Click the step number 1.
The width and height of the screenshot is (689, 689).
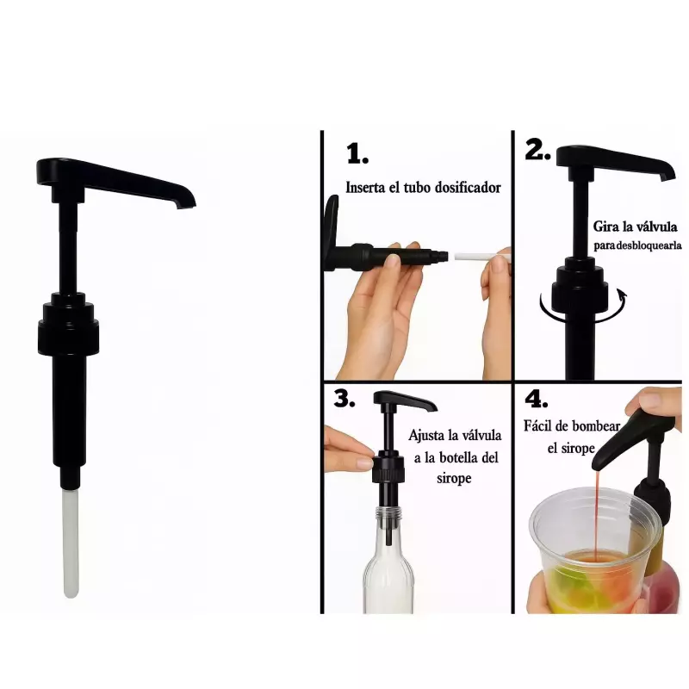357,154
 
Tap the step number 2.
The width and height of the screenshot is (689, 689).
537,150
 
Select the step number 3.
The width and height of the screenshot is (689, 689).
344,399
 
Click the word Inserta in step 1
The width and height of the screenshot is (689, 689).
367,187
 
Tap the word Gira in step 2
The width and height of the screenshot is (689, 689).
605,227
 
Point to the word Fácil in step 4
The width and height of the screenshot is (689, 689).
540,425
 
